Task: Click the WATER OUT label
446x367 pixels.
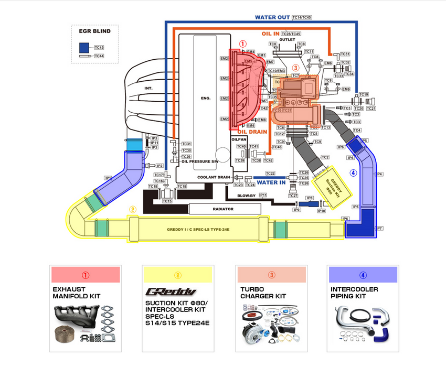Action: (272, 17)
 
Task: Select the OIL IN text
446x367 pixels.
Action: (270, 34)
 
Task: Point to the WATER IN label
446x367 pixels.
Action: (271, 183)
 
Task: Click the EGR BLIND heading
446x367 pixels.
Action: (94, 31)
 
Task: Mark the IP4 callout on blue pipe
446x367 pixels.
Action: (379, 174)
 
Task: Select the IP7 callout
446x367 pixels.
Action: (379, 228)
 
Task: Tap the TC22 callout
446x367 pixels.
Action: (270, 174)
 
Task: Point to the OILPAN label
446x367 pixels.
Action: (239, 139)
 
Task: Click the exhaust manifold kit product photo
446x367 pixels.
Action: (84, 325)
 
